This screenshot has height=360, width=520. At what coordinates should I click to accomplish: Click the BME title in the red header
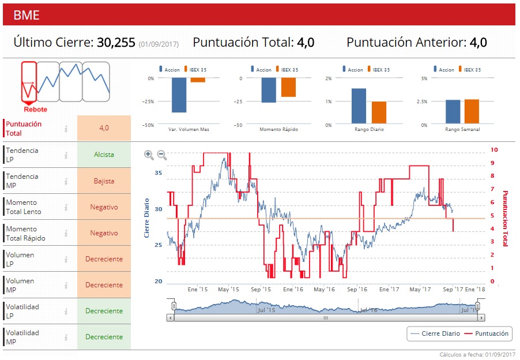(x=27, y=15)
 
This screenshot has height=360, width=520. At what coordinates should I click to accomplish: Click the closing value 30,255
(x=116, y=43)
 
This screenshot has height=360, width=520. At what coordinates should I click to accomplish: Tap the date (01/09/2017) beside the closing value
(x=159, y=44)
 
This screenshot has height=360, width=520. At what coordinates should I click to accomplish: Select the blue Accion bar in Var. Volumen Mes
(x=179, y=95)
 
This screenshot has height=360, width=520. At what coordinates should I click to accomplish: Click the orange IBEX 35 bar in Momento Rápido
(x=288, y=87)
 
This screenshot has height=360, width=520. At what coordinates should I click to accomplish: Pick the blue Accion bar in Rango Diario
(x=359, y=106)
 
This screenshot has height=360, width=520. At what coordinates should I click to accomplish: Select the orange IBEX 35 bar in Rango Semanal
(x=472, y=111)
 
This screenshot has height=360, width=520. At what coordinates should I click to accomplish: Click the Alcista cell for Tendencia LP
(x=104, y=155)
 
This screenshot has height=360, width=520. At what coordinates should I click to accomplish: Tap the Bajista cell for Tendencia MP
(x=104, y=181)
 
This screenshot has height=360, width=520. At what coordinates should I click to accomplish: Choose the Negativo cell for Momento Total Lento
(x=104, y=207)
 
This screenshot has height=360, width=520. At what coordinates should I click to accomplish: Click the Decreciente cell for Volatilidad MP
(x=104, y=337)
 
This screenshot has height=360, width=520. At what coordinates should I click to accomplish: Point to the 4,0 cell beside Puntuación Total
(x=104, y=128)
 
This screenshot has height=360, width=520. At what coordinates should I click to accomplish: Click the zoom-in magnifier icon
(x=149, y=155)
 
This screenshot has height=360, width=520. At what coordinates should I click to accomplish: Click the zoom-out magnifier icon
(x=162, y=155)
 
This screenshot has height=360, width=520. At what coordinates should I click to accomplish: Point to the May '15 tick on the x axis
(x=228, y=289)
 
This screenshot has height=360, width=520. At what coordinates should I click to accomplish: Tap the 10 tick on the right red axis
(x=493, y=149)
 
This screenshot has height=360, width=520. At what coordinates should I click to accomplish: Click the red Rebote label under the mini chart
(x=35, y=110)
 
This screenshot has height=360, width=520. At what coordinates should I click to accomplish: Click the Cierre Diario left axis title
(x=147, y=218)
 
